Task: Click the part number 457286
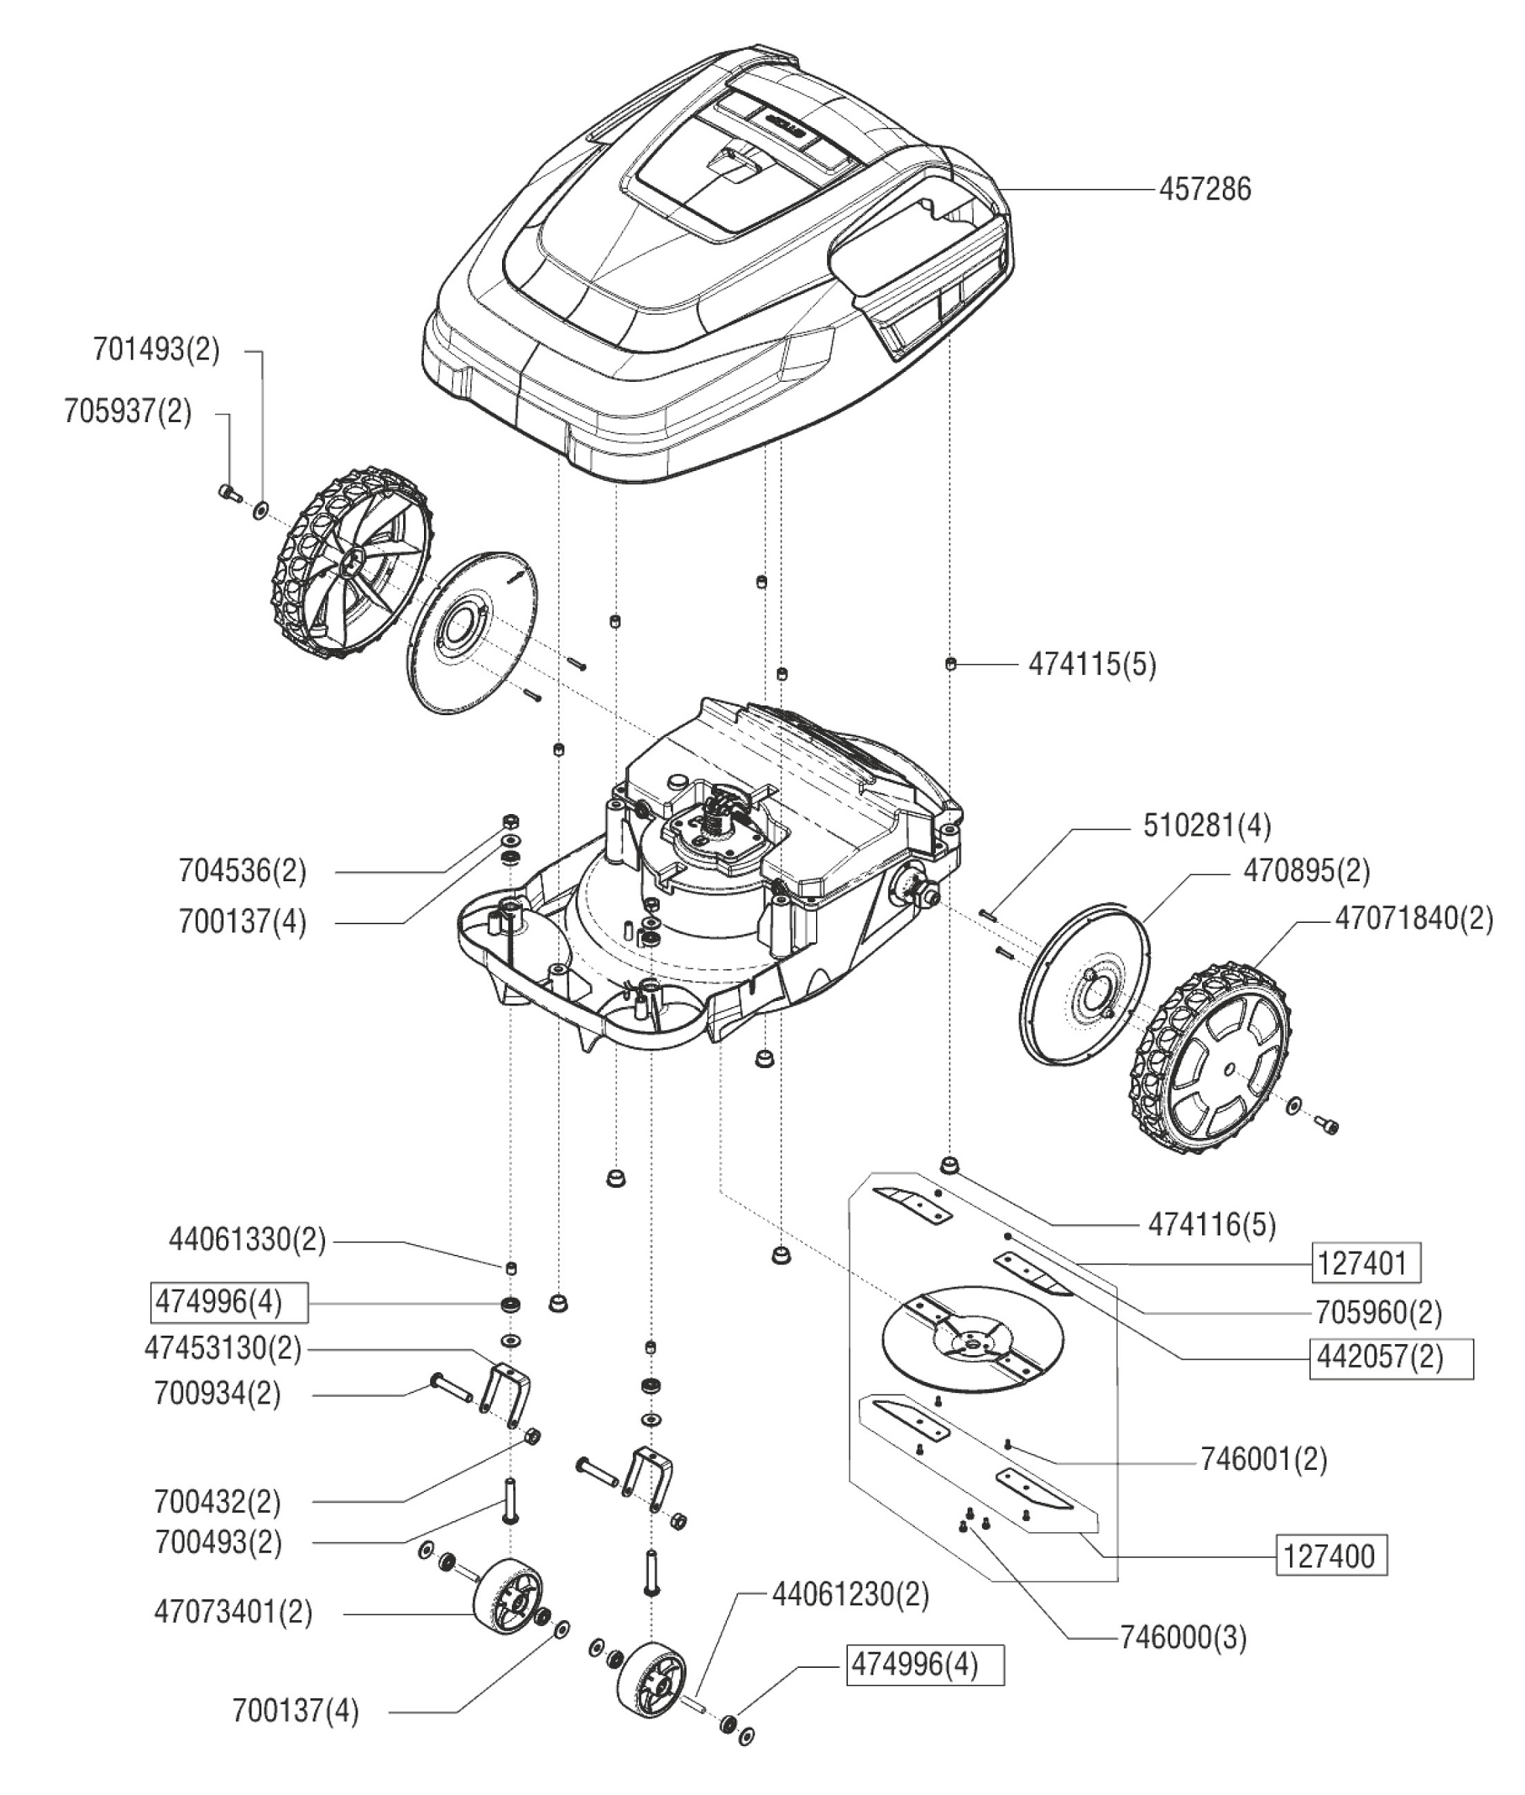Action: click(x=1204, y=189)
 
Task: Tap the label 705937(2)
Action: click(x=128, y=411)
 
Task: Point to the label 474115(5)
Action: click(x=1092, y=664)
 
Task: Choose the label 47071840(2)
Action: click(x=1413, y=918)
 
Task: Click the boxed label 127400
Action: click(x=1332, y=1556)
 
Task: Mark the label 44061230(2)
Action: click(x=850, y=1594)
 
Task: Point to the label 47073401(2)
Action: click(x=234, y=1612)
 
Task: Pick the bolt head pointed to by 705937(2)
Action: click(x=228, y=493)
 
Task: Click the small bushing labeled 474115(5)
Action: click(x=950, y=663)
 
